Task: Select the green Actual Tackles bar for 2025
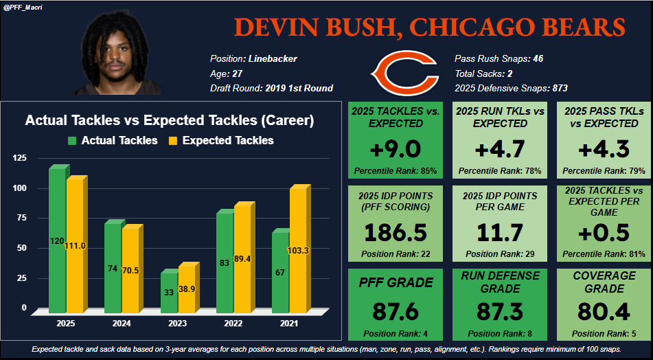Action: point(58,240)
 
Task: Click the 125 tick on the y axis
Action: point(20,159)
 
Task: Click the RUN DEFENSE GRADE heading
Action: point(490,282)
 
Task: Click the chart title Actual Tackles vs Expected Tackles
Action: point(170,120)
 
